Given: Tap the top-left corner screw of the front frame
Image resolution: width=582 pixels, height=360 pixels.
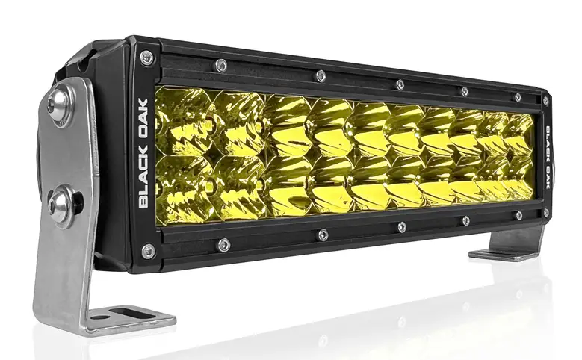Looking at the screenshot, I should (146, 57).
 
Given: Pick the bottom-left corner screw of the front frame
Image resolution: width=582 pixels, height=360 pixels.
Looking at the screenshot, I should (147, 251).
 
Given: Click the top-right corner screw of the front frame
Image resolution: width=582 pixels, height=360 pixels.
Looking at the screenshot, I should (545, 99).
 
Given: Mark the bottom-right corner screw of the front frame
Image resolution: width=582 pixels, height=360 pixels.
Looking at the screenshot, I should (546, 214).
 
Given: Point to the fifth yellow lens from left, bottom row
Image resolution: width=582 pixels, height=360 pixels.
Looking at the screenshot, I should (371, 184).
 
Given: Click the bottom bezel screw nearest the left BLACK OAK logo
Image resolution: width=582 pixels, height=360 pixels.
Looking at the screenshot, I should (223, 244).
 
